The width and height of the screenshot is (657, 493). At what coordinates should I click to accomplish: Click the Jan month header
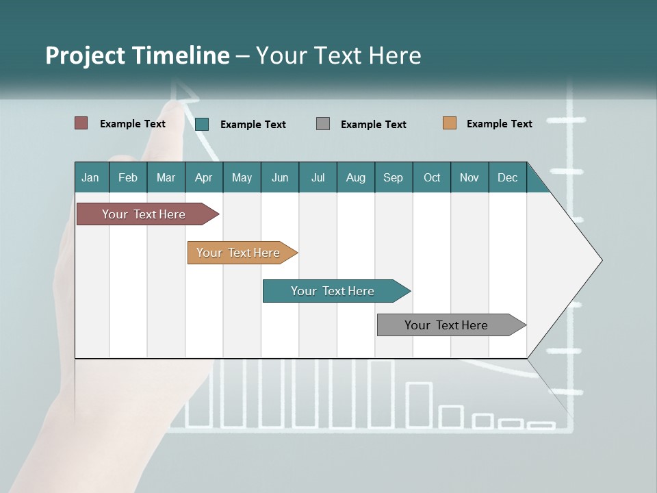pyautogui.click(x=91, y=177)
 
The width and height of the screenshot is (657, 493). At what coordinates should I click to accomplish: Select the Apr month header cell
pyautogui.click(x=204, y=177)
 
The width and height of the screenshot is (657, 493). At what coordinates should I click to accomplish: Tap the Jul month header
pyautogui.click(x=318, y=177)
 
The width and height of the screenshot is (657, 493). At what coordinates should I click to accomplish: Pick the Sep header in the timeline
pyautogui.click(x=394, y=177)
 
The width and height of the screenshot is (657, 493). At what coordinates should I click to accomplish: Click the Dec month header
pyautogui.click(x=507, y=177)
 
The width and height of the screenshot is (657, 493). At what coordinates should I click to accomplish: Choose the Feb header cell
pyautogui.click(x=128, y=177)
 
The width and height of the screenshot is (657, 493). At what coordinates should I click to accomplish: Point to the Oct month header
pyautogui.click(x=432, y=177)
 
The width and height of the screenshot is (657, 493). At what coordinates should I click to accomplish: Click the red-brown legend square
pyautogui.click(x=81, y=123)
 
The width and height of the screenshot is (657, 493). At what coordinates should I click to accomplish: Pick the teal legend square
pyautogui.click(x=202, y=124)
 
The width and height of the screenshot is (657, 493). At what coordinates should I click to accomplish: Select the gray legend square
pyautogui.click(x=323, y=124)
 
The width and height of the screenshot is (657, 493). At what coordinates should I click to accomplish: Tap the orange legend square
pyautogui.click(x=450, y=123)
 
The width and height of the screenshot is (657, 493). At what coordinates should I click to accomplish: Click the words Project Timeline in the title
pyautogui.click(x=137, y=55)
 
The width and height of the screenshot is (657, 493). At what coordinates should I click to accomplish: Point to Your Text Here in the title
pyautogui.click(x=338, y=55)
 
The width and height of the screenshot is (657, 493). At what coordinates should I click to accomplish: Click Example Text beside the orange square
pyautogui.click(x=499, y=124)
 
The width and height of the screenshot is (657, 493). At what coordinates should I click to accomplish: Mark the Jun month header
pyautogui.click(x=280, y=177)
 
